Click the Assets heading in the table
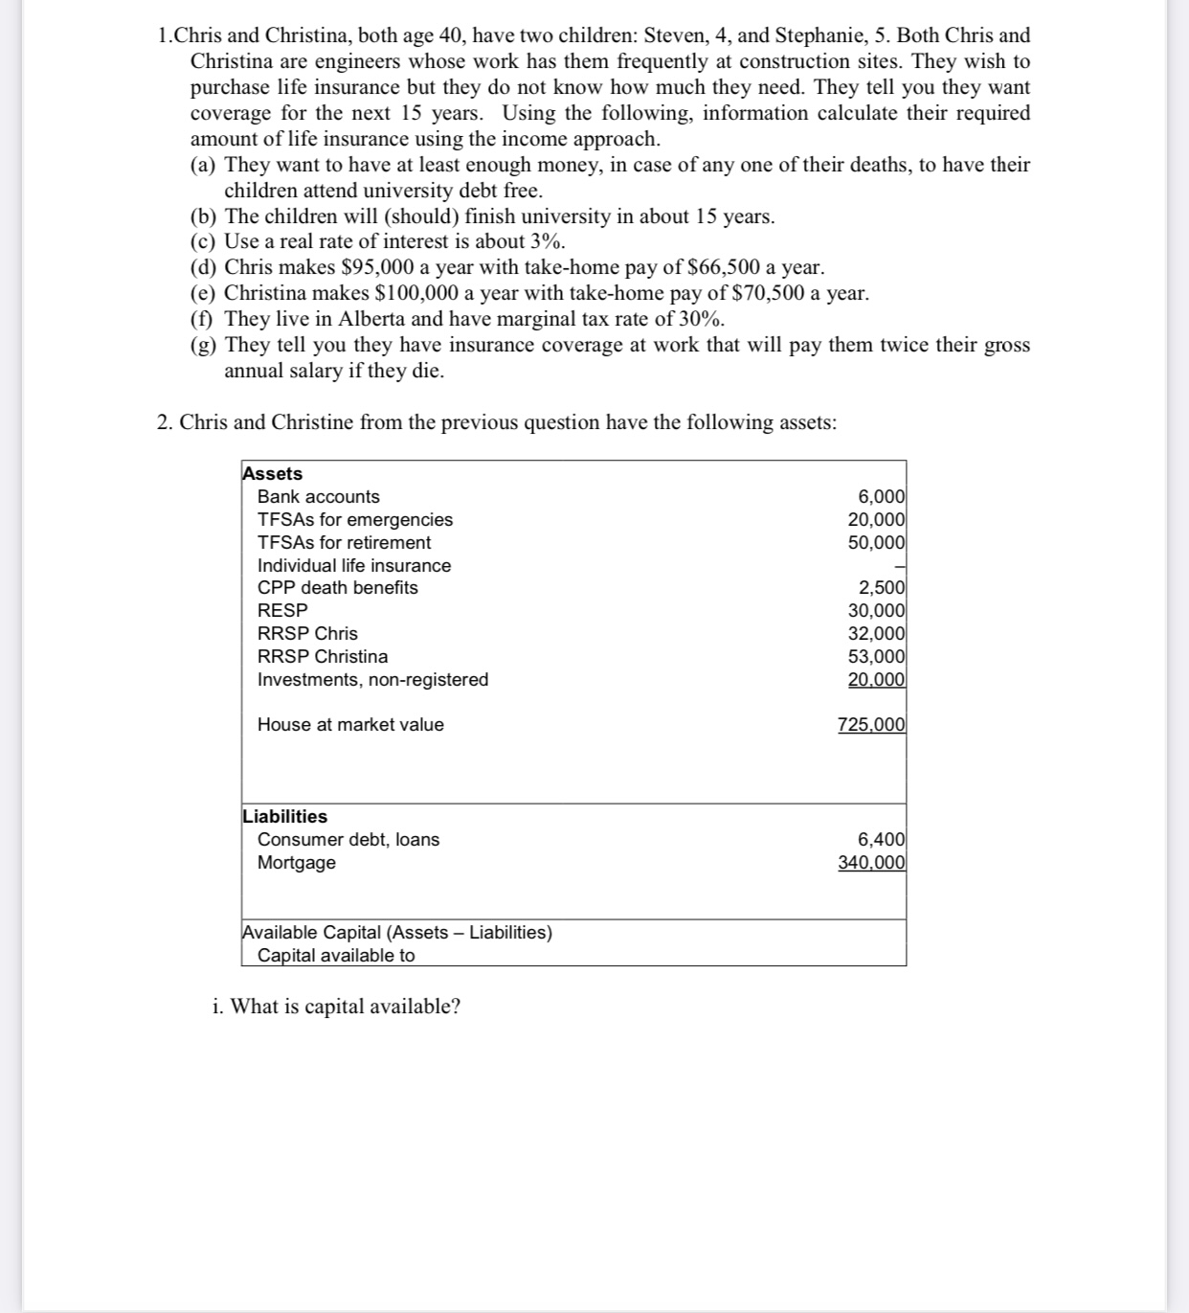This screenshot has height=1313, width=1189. click(272, 473)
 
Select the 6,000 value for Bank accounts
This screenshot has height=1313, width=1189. click(881, 496)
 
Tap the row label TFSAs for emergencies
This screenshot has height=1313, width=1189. click(354, 519)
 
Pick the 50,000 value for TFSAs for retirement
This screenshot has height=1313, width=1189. click(876, 542)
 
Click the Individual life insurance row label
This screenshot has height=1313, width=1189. click(353, 565)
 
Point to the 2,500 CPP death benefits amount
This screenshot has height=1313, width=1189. click(881, 588)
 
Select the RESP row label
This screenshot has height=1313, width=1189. click(282, 610)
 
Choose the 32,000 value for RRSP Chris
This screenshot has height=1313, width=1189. click(876, 633)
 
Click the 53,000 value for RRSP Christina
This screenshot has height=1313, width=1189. click(876, 656)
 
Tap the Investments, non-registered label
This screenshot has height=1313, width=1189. click(372, 679)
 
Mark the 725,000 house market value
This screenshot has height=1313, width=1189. click(871, 724)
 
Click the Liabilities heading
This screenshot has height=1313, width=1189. click(284, 816)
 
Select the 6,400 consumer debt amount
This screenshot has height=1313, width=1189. click(881, 839)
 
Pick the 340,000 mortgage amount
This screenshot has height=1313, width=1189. click(871, 862)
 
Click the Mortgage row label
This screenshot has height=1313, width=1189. click(296, 862)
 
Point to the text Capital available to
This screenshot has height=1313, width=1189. click(336, 955)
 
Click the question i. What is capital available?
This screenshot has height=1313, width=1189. click(336, 1006)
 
